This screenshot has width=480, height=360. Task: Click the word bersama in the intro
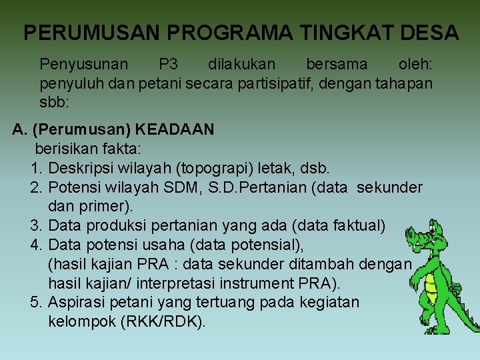[x=336, y=65]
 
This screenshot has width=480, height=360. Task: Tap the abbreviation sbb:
[x=54, y=103]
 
